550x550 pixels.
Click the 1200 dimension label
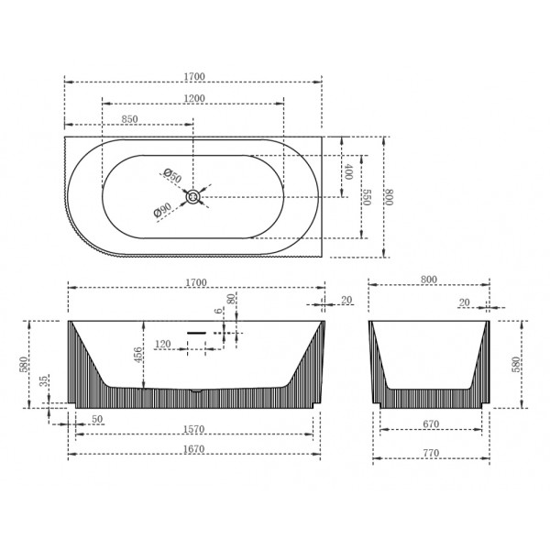(x=194, y=99)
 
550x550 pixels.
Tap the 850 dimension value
(x=129, y=119)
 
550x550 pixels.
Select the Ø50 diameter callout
(x=172, y=176)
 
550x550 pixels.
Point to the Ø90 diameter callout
(x=162, y=210)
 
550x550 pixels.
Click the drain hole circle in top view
(x=192, y=197)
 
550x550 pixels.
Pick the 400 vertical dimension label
(x=348, y=171)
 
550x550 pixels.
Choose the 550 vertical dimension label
(x=367, y=197)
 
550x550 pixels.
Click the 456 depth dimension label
(x=138, y=355)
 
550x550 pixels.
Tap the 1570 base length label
(x=194, y=429)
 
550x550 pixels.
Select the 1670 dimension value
(x=194, y=449)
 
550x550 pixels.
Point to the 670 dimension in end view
(x=431, y=424)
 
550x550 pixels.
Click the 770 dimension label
(x=431, y=453)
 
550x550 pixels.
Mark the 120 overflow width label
(x=163, y=344)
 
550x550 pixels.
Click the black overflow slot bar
(x=196, y=333)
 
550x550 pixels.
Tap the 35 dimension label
(x=43, y=380)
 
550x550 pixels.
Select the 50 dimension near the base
(x=97, y=419)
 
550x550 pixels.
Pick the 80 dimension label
(x=231, y=299)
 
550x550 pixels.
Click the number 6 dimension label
(x=219, y=311)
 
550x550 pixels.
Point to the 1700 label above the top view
(x=194, y=76)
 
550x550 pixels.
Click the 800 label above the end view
(x=429, y=280)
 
